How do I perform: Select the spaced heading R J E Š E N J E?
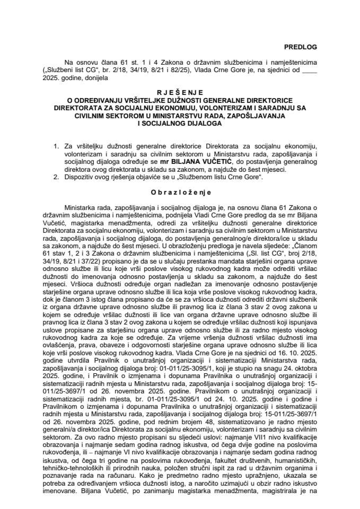(180, 91)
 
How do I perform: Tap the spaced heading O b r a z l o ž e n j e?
(180, 191)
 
